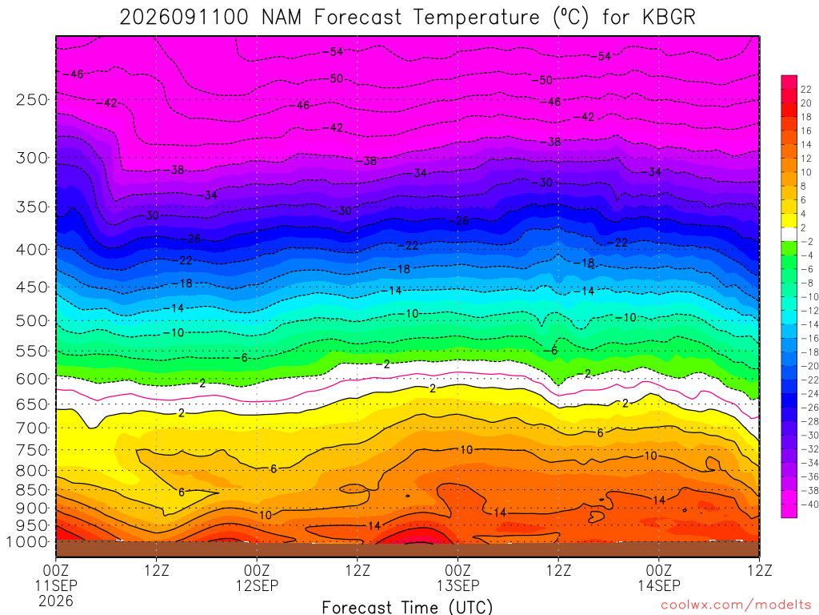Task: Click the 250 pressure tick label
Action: pos(32,99)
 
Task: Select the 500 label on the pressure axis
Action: pos(32,320)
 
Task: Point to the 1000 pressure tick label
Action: pos(27,542)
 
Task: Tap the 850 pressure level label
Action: pos(32,490)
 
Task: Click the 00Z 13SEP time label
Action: pos(458,578)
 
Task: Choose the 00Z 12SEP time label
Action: pos(257,578)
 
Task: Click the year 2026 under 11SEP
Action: pos(56,601)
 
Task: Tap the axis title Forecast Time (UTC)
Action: pos(407,607)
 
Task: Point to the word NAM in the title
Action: pos(282,18)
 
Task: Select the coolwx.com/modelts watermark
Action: pos(736,605)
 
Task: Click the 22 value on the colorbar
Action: pos(806,90)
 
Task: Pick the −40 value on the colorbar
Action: pos(809,504)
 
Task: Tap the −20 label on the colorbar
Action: pos(809,366)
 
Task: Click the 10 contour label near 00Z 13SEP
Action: pos(466,450)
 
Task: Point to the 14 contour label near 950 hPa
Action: pos(374,525)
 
